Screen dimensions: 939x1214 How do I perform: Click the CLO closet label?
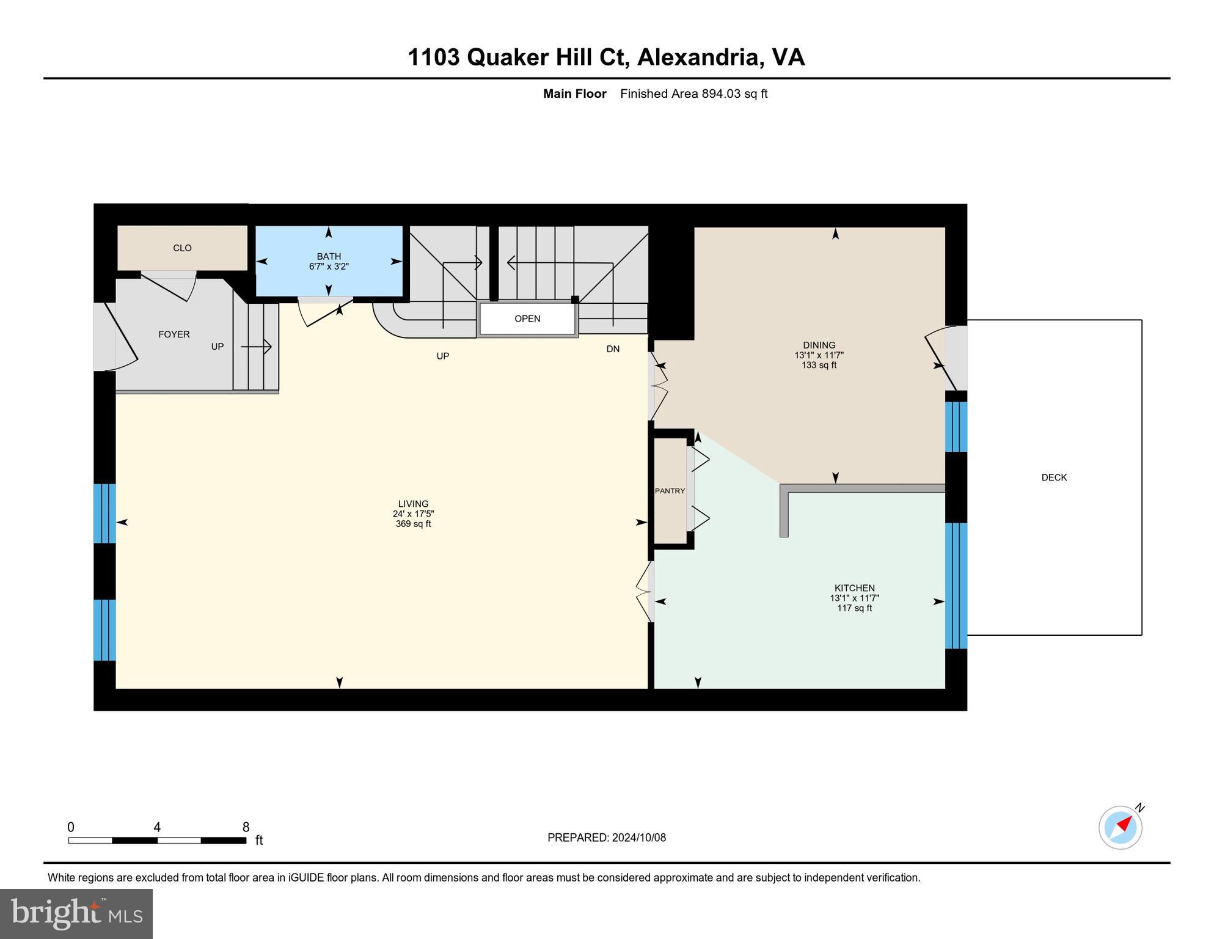[182, 248]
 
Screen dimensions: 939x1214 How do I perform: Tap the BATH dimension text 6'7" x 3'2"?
[329, 267]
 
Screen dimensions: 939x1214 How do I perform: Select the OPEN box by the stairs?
[527, 319]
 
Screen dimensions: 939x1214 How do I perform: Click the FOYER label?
[174, 334]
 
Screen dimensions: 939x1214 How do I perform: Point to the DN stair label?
[613, 349]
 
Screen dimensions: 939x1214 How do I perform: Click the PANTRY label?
[670, 491]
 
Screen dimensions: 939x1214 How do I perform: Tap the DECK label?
[1054, 477]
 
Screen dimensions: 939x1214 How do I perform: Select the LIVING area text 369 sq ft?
[413, 524]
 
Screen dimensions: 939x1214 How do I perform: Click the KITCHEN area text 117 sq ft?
[854, 608]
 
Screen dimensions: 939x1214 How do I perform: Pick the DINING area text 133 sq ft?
[819, 365]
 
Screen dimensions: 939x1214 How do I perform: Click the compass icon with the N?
[1121, 827]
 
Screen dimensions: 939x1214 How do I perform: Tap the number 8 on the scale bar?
[246, 827]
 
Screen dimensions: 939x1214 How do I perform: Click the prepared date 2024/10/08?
[638, 838]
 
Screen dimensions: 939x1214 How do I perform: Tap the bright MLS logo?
[76, 913]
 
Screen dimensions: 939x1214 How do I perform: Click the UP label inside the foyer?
[218, 347]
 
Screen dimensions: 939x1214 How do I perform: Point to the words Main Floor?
[574, 94]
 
